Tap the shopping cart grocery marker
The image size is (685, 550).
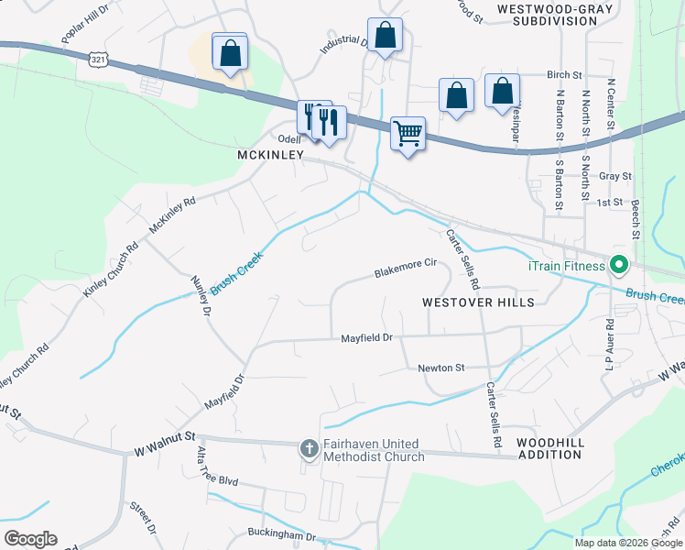click(x=407, y=133)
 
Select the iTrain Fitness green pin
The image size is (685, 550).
click(x=618, y=266)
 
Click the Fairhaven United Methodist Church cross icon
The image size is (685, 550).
click(x=309, y=449)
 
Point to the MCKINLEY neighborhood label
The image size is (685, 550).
click(x=270, y=156)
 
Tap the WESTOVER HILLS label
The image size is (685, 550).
click(x=477, y=302)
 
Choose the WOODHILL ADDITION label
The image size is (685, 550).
click(x=549, y=449)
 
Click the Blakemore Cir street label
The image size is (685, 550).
click(x=405, y=269)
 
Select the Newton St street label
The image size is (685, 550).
click(x=441, y=368)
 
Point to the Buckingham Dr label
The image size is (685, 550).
click(x=281, y=533)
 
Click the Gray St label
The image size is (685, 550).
click(x=614, y=176)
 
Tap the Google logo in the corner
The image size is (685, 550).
click(x=30, y=539)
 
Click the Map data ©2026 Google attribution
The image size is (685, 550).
click(x=627, y=543)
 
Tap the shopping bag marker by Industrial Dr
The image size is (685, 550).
click(x=386, y=37)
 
